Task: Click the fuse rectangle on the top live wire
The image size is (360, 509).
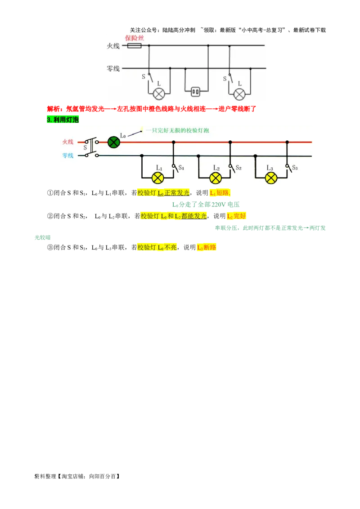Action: (x=134, y=46)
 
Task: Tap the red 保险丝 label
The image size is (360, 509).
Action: (x=135, y=38)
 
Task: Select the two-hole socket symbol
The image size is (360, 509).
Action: (x=195, y=92)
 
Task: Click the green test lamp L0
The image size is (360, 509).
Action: (x=114, y=142)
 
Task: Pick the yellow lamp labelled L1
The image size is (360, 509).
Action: (x=158, y=178)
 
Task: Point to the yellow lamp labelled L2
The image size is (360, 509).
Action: (x=216, y=178)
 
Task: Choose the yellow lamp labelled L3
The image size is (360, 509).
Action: (x=271, y=178)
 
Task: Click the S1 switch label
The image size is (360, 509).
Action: (x=181, y=168)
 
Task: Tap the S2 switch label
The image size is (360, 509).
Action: (x=238, y=168)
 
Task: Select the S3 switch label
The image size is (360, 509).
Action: (x=295, y=168)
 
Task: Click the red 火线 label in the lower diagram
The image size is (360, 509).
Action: (x=68, y=142)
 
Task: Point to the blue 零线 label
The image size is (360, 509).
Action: (x=68, y=156)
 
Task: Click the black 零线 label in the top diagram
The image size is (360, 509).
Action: (x=113, y=68)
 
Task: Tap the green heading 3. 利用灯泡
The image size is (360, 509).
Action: (x=63, y=120)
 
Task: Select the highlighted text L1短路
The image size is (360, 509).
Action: (x=220, y=193)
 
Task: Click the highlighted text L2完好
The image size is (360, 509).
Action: (x=236, y=216)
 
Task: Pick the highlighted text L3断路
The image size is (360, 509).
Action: (x=207, y=247)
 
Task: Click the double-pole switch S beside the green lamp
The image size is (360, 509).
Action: (x=91, y=147)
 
